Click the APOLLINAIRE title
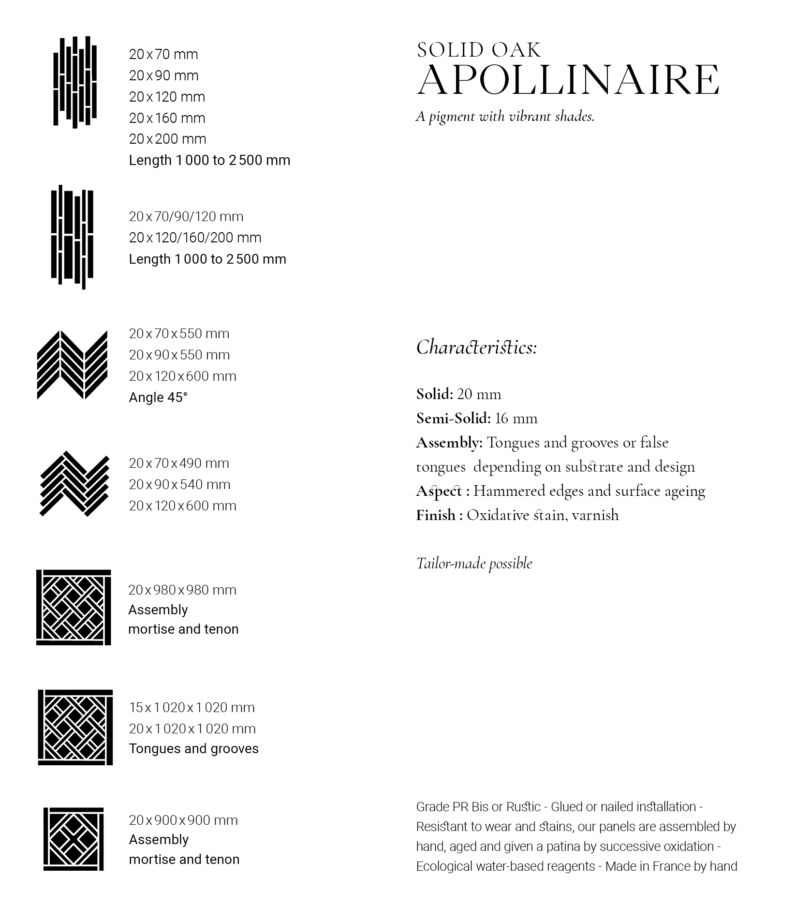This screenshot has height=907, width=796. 568,80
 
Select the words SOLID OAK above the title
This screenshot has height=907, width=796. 479,50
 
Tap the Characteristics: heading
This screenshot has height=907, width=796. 476,347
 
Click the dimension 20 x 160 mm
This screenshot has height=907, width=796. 167,118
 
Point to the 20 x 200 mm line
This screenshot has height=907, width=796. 167,139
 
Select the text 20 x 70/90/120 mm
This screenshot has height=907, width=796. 186,216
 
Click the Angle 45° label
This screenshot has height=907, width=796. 158,397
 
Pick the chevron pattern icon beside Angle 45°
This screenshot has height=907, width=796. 72,365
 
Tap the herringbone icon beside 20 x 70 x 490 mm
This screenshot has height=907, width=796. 74,484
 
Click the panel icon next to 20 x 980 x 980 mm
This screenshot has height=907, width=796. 74,607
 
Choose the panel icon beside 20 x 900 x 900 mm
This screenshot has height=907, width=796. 74,839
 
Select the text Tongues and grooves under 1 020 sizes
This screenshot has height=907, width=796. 193,749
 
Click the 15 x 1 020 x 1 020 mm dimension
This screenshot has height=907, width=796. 192,707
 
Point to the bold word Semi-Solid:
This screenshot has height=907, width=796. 453,418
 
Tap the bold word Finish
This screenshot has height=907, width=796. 435,515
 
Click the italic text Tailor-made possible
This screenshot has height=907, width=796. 474,564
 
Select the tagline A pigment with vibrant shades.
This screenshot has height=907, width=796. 505,117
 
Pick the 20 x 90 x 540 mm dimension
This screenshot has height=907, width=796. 179,484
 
